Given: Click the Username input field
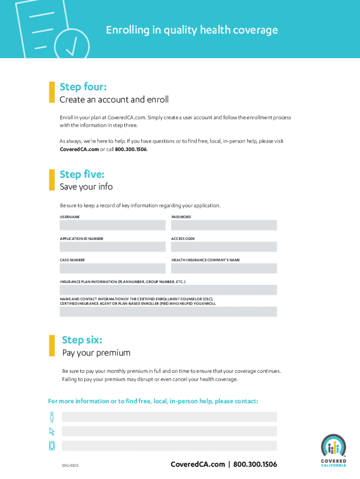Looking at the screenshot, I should point(112,225).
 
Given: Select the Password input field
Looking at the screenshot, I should point(223,225).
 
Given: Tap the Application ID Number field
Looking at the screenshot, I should point(112,247).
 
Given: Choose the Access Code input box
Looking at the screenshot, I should point(223,247).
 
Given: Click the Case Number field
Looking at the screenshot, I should point(112,268).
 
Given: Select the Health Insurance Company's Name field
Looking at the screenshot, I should point(223,268).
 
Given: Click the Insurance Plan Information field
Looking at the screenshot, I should point(168,290).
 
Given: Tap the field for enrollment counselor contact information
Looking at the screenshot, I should point(168,312).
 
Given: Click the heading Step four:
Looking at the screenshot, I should point(83,87).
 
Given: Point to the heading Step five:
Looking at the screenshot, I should point(82,174).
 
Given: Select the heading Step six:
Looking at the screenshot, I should point(82,340).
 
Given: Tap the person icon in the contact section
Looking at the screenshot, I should point(52,416).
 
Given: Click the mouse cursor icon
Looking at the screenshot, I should point(52,431).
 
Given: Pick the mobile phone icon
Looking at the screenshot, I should point(52,446).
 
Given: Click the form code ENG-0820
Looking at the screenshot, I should point(70,465).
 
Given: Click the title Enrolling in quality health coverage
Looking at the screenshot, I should point(192,30).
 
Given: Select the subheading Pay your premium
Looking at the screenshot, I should point(96,353).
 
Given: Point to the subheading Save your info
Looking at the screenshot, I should point(86,187).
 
